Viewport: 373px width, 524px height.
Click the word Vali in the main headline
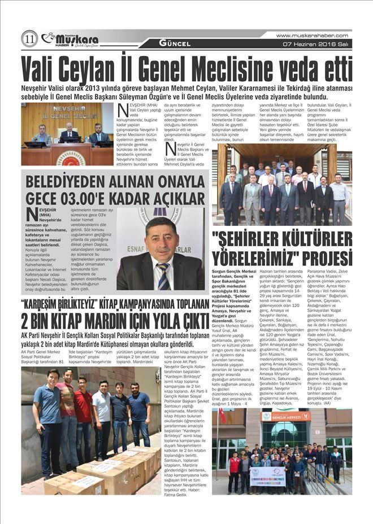click(42, 69)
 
